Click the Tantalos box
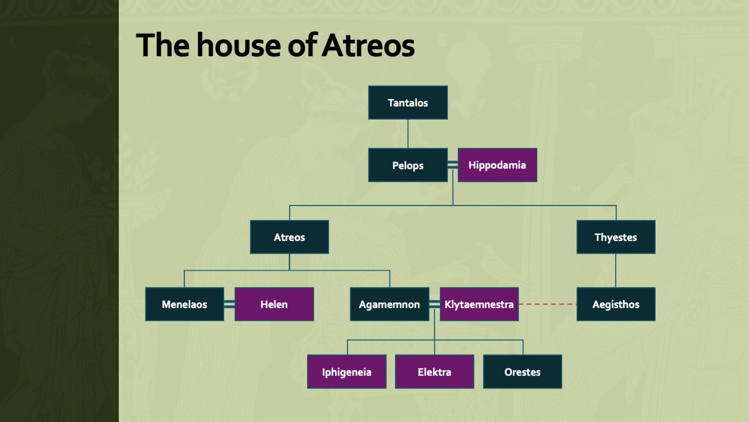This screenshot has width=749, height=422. click(408, 102)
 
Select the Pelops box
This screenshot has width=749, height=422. click(408, 165)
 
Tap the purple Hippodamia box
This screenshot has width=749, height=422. click(497, 165)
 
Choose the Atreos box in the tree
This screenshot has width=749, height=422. click(289, 237)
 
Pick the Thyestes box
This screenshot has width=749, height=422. click(616, 237)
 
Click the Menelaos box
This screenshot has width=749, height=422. click(185, 304)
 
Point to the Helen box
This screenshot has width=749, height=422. click(274, 304)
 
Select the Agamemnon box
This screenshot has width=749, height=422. click(389, 304)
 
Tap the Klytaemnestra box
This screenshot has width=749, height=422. click(479, 304)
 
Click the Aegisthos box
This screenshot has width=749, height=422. click(616, 304)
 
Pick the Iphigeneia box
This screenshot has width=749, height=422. click(347, 372)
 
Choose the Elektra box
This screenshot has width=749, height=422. click(434, 372)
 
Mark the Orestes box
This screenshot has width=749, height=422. click(522, 372)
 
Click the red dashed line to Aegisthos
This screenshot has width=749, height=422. click(548, 304)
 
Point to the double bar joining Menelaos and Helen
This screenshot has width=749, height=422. click(229, 304)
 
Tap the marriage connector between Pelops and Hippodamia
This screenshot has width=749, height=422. click(453, 165)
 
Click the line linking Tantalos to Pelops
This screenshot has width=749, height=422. click(408, 134)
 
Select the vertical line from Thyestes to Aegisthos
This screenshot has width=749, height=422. click(616, 270)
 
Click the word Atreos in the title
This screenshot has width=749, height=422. click(368, 45)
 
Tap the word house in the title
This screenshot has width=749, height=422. click(238, 45)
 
